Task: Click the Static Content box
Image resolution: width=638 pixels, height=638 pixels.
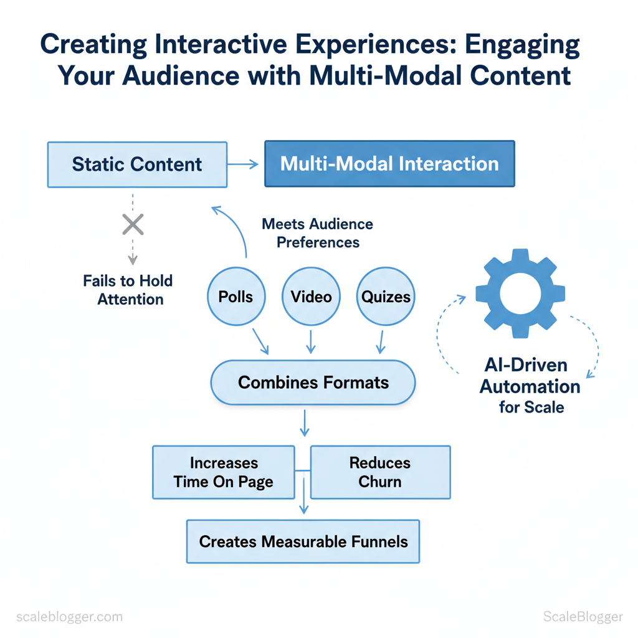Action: click(137, 164)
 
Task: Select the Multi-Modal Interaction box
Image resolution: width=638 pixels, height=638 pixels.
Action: click(389, 164)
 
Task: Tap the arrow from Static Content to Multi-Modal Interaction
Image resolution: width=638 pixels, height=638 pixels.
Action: click(243, 164)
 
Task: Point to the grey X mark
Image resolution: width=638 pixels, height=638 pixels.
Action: click(133, 224)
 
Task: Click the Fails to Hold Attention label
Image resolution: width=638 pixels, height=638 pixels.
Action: click(128, 290)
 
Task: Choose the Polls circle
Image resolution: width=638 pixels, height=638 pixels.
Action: click(236, 297)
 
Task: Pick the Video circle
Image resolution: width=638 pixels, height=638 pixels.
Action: click(312, 297)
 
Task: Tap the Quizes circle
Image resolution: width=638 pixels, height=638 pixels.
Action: click(386, 297)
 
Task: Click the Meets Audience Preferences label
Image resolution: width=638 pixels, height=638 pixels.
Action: click(318, 233)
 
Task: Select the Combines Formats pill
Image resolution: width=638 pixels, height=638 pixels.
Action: click(313, 382)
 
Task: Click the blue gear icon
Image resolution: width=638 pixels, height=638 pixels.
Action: click(520, 293)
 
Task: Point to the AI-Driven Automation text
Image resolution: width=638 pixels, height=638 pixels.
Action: click(530, 377)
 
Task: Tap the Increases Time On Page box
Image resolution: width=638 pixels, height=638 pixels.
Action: click(223, 472)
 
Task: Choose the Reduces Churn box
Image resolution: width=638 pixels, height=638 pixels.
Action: click(380, 472)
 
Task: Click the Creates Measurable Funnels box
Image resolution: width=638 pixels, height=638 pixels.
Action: click(303, 541)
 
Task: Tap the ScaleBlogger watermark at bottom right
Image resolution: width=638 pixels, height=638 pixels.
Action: click(583, 617)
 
